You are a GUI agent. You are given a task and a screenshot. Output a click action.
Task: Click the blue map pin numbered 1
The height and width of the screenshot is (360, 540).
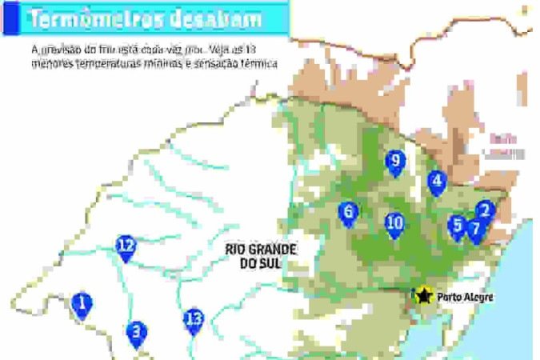81,304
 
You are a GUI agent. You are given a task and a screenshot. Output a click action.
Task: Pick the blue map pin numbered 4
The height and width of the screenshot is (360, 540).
436,182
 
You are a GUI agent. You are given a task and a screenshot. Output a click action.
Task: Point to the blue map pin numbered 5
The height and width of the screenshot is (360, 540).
457,226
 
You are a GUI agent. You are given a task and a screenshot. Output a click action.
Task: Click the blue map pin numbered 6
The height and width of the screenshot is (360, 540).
347,213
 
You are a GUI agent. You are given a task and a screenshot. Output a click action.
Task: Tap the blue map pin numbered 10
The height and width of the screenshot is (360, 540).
394,224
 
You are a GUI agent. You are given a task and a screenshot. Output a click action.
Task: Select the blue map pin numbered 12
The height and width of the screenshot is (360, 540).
126,247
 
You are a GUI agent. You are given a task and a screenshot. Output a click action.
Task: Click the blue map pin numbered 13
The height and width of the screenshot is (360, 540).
194,320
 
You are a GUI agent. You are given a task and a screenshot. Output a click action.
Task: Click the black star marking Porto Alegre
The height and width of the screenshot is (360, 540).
422,296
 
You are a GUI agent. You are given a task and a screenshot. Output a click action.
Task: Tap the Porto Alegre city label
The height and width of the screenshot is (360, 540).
465,297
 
